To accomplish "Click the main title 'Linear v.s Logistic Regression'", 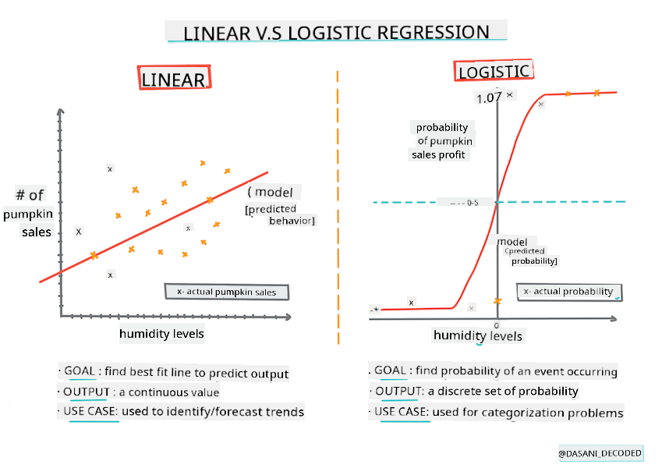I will pyautogui.click(x=336, y=32).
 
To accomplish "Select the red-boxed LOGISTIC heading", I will pyautogui.click(x=493, y=72).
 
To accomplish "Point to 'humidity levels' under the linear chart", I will pyautogui.click(x=161, y=334).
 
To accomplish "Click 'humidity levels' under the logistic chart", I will pyautogui.click(x=478, y=335).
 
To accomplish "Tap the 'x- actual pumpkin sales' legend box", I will pyautogui.click(x=226, y=292).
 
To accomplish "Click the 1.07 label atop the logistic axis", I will pyautogui.click(x=488, y=98).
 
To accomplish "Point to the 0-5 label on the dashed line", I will pyautogui.click(x=473, y=203).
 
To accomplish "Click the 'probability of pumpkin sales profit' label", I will pyautogui.click(x=441, y=140).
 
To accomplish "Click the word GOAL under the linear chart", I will pyautogui.click(x=80, y=373).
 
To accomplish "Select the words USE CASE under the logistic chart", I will pyautogui.click(x=402, y=412).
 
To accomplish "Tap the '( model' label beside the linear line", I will pyautogui.click(x=274, y=192).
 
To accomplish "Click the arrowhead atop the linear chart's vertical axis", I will pyautogui.click(x=60, y=112).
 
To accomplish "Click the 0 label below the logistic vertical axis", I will pyautogui.click(x=496, y=324).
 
